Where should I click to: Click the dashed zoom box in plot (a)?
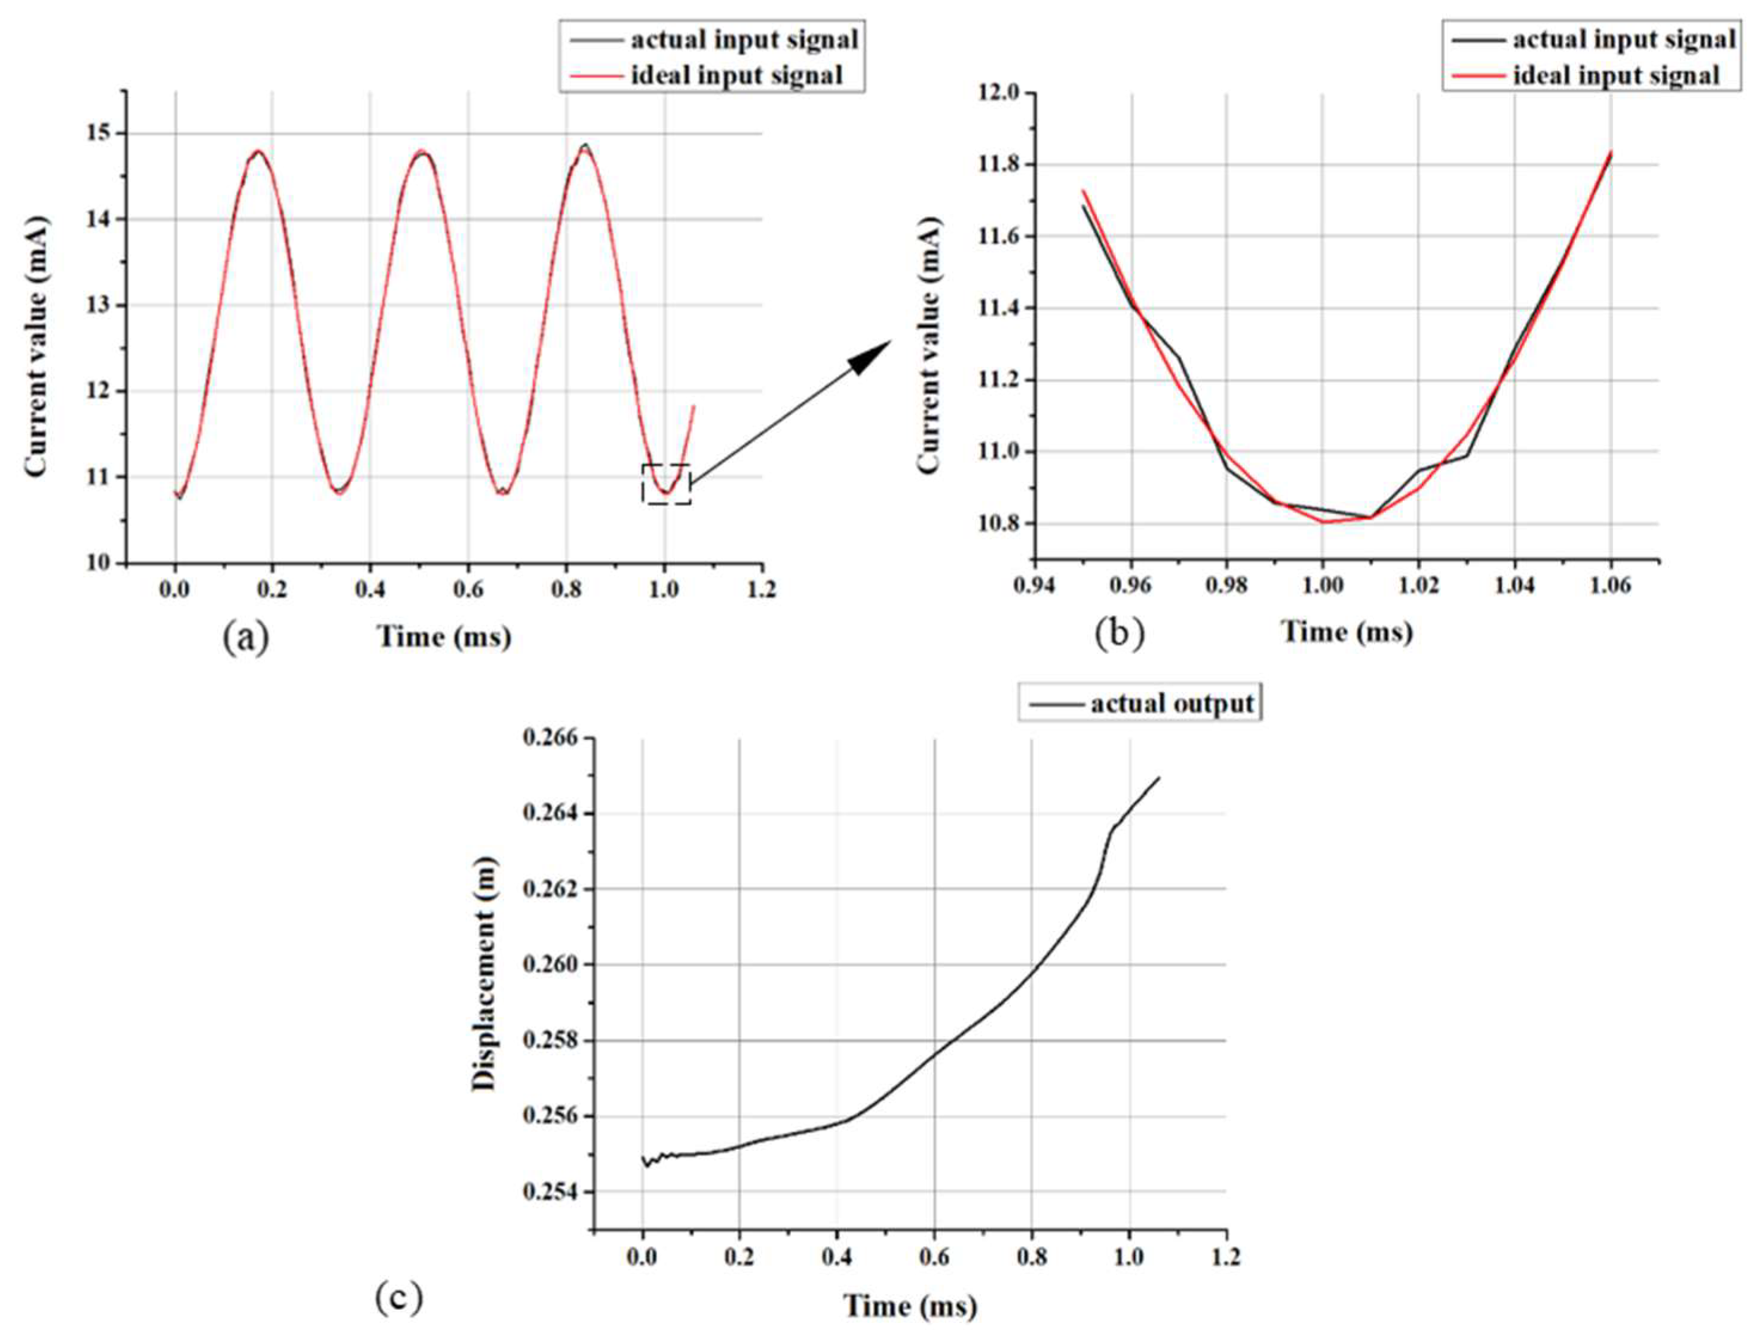click(x=666, y=484)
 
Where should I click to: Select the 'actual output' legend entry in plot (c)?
click(x=1139, y=703)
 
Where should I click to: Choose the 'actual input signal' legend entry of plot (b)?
click(x=1594, y=39)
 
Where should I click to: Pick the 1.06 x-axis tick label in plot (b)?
click(x=1611, y=586)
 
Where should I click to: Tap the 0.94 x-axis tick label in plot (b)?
click(x=1035, y=586)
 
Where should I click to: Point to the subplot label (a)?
click(x=246, y=637)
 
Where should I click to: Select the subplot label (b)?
click(x=1119, y=633)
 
